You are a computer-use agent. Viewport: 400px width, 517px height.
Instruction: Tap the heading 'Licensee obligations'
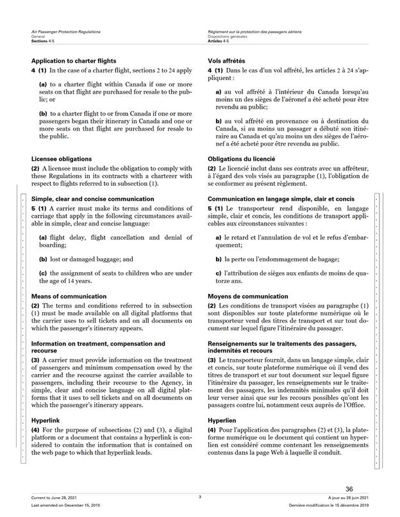(61, 158)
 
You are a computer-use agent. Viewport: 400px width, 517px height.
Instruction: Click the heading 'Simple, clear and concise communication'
(92, 199)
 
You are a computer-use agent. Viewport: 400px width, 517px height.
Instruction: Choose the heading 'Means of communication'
(69, 297)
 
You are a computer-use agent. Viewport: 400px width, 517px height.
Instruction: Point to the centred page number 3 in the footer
(200, 497)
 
